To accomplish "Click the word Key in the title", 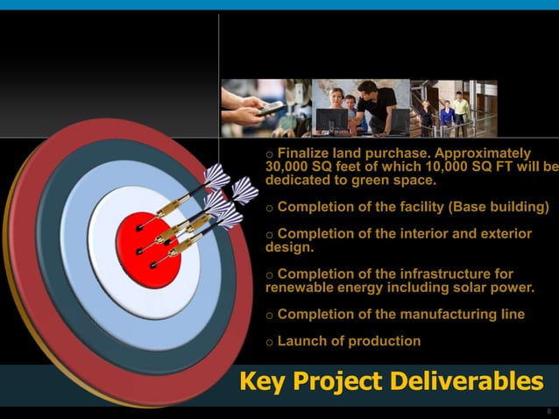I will click(x=262, y=382).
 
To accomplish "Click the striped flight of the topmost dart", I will click(x=216, y=176).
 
